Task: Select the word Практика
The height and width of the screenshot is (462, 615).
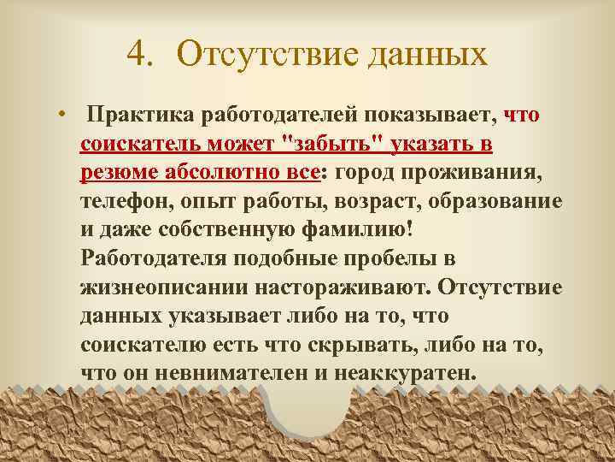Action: tap(144, 115)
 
